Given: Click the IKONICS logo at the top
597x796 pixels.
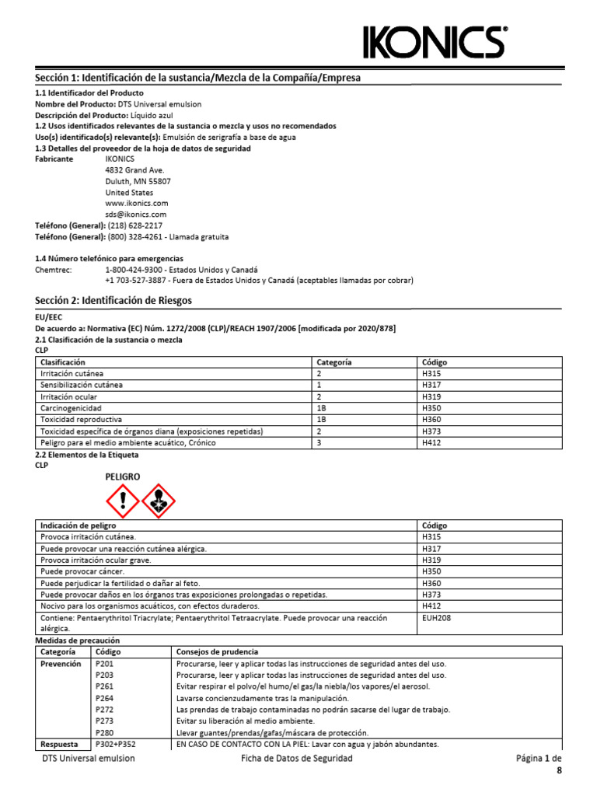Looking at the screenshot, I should pos(436,41).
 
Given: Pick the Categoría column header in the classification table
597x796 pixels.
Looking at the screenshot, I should pos(334,362).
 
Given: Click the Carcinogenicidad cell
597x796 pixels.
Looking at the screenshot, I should pos(72,407).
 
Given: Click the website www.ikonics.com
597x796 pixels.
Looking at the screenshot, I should pos(137,203).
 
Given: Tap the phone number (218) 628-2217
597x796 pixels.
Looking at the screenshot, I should pos(135,225).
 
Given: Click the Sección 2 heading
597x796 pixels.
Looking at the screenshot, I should pos(113,300).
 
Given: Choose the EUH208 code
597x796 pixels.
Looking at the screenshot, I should pos(435,618).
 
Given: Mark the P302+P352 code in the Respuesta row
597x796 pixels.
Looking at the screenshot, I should pos(115,744).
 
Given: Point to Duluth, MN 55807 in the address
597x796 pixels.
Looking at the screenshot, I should pos(138,181).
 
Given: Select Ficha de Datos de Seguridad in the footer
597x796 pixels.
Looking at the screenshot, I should pos(297,758).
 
